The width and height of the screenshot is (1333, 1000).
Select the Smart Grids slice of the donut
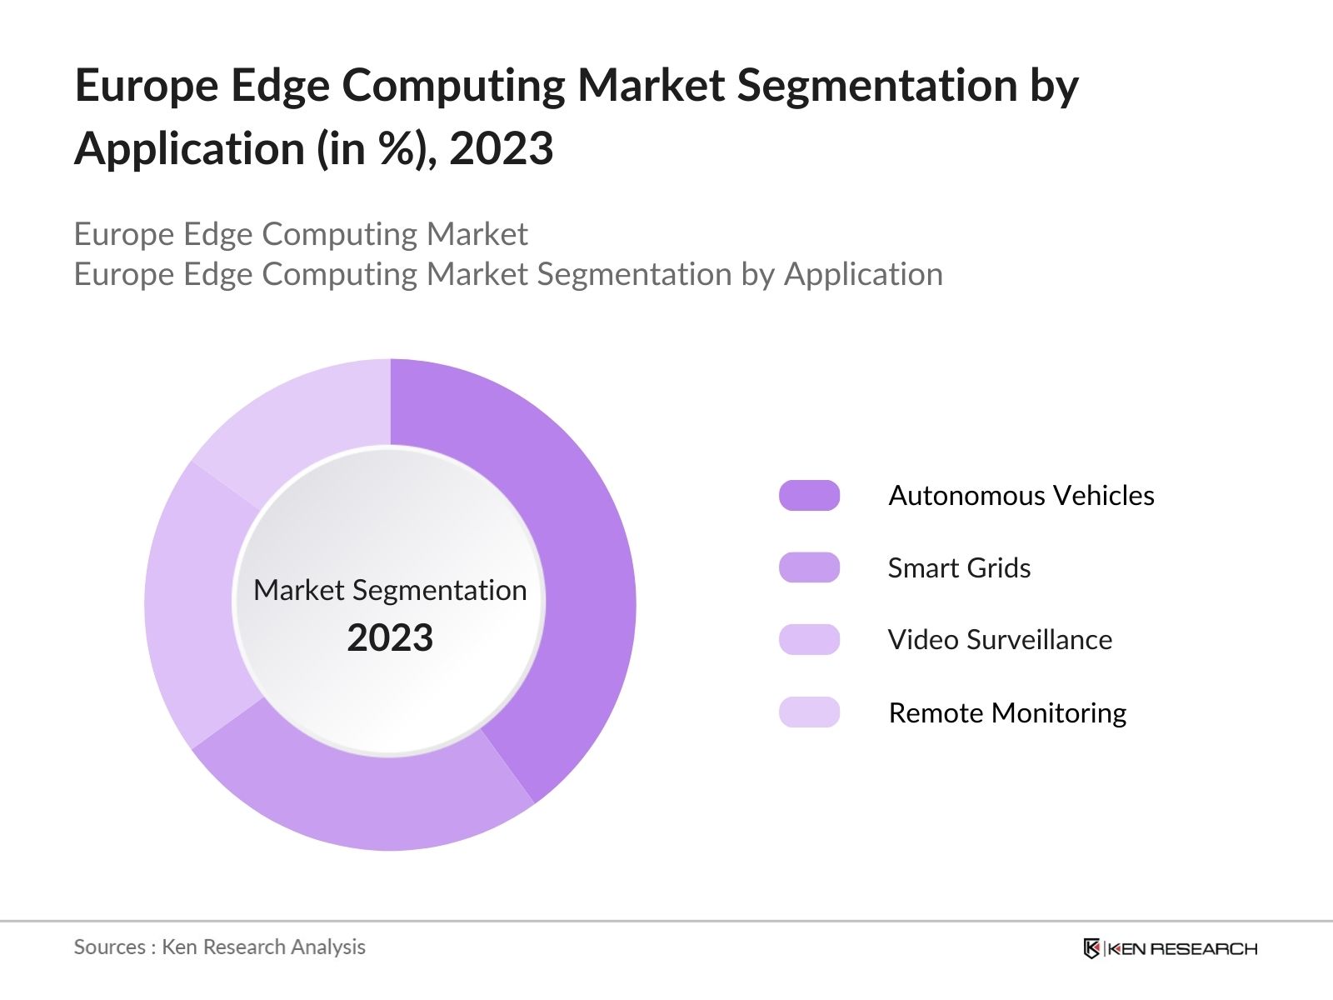pos(367,800)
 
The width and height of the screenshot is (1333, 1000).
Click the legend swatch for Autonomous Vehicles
pos(809,495)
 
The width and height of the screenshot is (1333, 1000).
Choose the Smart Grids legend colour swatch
pos(809,567)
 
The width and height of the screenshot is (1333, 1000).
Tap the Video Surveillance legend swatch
pos(809,640)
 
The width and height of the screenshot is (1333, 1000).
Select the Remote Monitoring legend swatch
pos(809,712)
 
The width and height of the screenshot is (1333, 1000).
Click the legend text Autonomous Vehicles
pos(1021,495)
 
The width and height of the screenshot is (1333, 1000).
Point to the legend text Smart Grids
pos(959,567)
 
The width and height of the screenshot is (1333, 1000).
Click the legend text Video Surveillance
pos(1000,640)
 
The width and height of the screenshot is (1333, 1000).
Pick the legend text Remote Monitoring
pos(1007,712)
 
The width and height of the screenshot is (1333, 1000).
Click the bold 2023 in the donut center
pos(390,637)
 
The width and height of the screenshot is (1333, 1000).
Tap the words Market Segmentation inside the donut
pos(390,590)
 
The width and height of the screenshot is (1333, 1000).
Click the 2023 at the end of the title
pos(502,148)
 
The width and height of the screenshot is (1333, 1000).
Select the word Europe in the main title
pos(147,86)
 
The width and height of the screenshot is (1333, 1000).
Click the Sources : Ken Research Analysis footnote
pos(219,947)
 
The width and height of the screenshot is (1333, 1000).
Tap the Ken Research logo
pos(1170,948)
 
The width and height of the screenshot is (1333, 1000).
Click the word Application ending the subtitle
pos(863,274)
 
